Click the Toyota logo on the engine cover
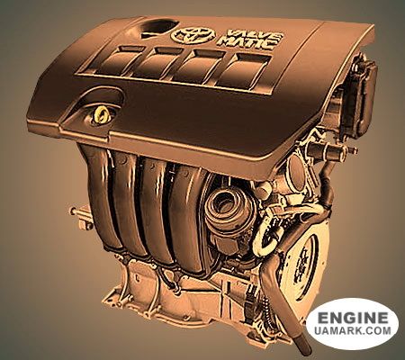(x=193, y=35)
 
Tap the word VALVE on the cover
(x=255, y=34)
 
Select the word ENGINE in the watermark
(x=353, y=318)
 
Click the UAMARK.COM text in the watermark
(x=353, y=330)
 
